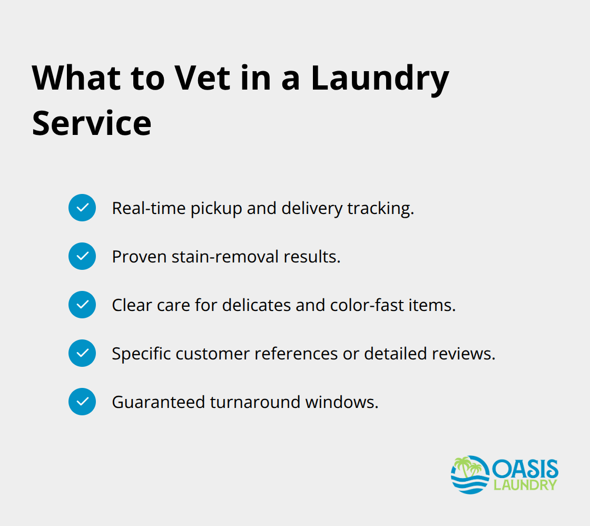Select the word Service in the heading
[x=92, y=123]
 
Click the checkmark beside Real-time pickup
[x=82, y=208]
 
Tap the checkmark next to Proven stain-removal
[x=82, y=256]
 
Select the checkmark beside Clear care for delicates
[x=82, y=305]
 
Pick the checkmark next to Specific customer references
[x=82, y=353]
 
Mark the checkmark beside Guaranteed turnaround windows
[x=82, y=402]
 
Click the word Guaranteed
[x=159, y=402]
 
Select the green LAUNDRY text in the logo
[x=525, y=485]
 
